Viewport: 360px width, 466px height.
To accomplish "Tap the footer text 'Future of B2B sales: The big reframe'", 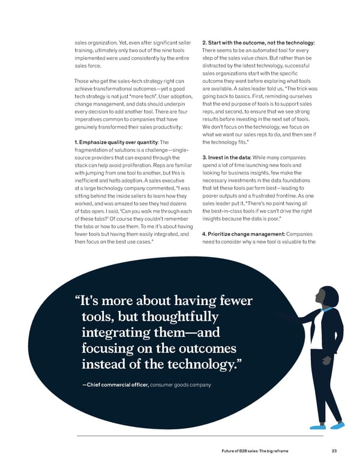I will [x=263, y=451].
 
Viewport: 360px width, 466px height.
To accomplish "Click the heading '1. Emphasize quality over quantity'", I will [x=115, y=142].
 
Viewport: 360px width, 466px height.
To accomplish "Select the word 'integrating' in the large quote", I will [x=115, y=332].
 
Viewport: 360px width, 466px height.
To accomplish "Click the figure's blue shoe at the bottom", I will [x=337, y=425].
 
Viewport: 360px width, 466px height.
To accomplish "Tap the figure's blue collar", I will [x=326, y=310].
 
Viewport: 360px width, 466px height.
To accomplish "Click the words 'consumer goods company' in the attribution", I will [x=181, y=384].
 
